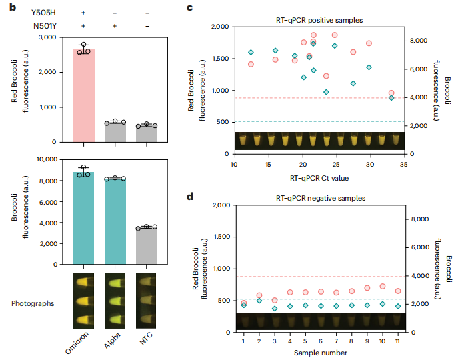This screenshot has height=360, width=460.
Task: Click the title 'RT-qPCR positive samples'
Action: [x=319, y=21]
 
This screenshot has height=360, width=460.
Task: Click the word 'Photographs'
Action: [x=33, y=302]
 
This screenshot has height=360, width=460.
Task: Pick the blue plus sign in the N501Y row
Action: [x=115, y=25]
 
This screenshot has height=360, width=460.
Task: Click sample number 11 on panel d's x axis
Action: [x=398, y=341]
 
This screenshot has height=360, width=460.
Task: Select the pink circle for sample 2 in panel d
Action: [x=259, y=295]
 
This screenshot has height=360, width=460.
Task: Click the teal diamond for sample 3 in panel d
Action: [x=275, y=308]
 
